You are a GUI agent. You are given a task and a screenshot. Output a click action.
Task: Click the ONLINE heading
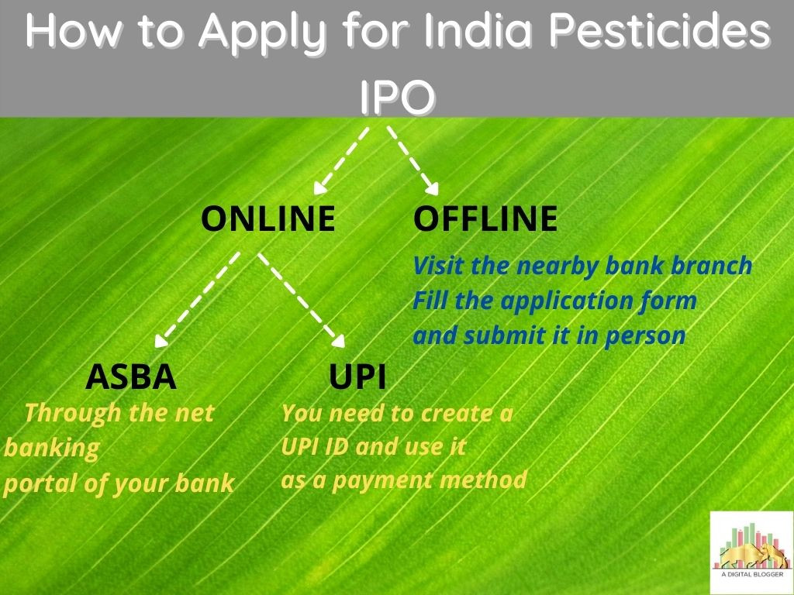click(x=268, y=219)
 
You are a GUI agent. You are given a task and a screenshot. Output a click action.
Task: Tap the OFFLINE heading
click(x=485, y=219)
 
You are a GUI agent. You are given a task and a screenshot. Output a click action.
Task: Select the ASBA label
click(x=131, y=377)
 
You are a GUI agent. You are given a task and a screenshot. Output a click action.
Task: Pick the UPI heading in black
click(x=357, y=377)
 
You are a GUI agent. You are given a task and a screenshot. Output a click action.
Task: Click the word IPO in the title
click(x=396, y=98)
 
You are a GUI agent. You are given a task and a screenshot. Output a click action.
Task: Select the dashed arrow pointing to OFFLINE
click(x=413, y=160)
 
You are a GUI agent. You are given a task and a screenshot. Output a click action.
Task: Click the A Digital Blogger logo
click(x=751, y=552)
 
